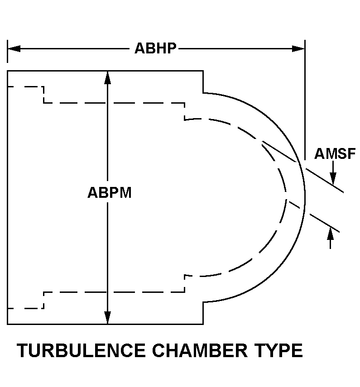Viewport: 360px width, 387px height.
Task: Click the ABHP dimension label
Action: (155, 48)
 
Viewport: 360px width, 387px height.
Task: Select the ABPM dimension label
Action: (109, 193)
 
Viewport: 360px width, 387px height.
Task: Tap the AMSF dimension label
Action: (335, 154)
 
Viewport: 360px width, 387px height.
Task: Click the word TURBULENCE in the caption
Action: (81, 351)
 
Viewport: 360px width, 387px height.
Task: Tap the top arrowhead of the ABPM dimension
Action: (107, 77)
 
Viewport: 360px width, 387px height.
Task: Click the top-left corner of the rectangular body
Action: (8, 71)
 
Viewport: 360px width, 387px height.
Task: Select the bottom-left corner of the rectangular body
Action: (8, 324)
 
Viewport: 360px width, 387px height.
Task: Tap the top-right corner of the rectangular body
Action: (202, 71)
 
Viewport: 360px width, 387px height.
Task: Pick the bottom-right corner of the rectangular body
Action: (202, 324)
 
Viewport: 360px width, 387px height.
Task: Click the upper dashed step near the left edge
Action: (43, 95)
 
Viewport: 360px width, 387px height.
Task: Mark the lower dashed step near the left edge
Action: (43, 300)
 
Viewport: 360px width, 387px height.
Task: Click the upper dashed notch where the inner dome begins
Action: (185, 111)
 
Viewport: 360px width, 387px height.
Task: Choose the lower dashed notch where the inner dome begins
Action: (185, 283)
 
